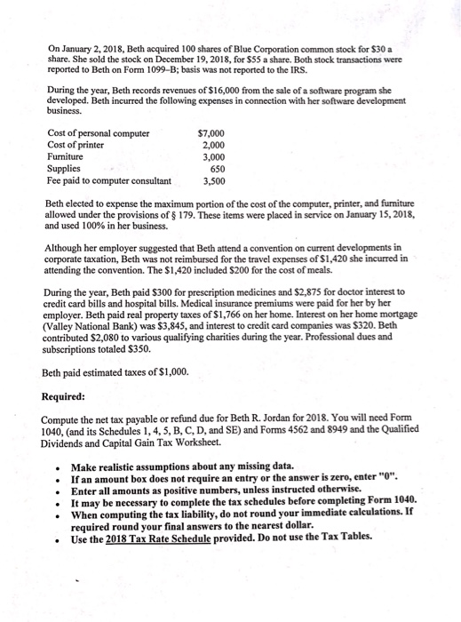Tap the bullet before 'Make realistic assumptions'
point(55,466)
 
